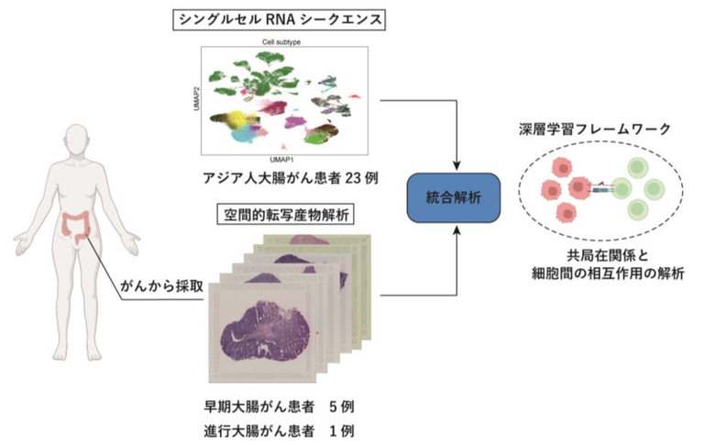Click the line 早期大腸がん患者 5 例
point(279,405)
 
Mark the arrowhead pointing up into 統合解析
point(455,225)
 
